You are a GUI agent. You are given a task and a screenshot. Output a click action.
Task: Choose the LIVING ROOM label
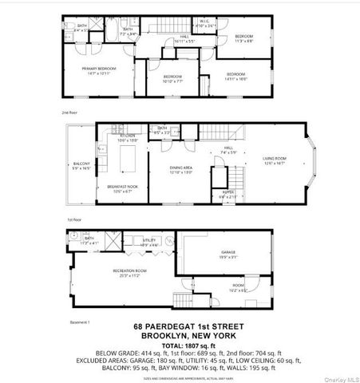click(275, 160)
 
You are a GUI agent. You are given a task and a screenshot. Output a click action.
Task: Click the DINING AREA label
click(181, 169)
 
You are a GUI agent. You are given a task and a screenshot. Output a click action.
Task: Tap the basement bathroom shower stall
click(70, 237)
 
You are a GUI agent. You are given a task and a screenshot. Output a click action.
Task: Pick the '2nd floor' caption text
click(69, 114)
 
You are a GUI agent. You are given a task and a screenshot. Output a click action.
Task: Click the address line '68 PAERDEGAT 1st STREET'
click(178, 326)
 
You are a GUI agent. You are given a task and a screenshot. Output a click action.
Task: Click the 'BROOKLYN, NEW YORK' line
click(178, 335)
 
